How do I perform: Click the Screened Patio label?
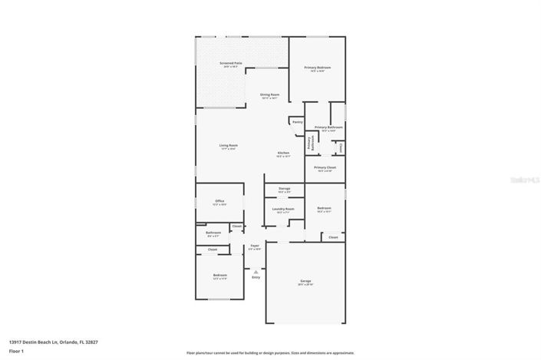click(231, 63)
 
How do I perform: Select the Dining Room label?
click(269, 94)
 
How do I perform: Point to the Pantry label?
click(297, 121)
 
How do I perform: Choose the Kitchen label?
click(283, 153)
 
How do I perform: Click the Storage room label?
click(284, 187)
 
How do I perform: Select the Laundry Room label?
click(284, 208)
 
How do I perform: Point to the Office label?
click(219, 201)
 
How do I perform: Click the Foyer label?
click(255, 246)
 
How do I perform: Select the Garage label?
click(305, 282)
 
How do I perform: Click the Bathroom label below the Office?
click(213, 233)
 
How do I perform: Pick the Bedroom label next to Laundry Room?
click(325, 208)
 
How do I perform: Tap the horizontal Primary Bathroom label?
click(328, 127)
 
